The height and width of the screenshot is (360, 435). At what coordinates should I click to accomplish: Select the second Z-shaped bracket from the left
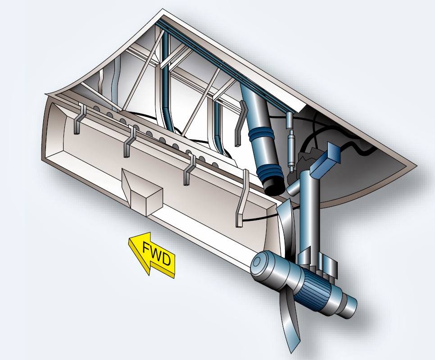[x=130, y=140]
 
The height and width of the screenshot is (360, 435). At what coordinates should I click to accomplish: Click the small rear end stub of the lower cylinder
[x=349, y=306]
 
